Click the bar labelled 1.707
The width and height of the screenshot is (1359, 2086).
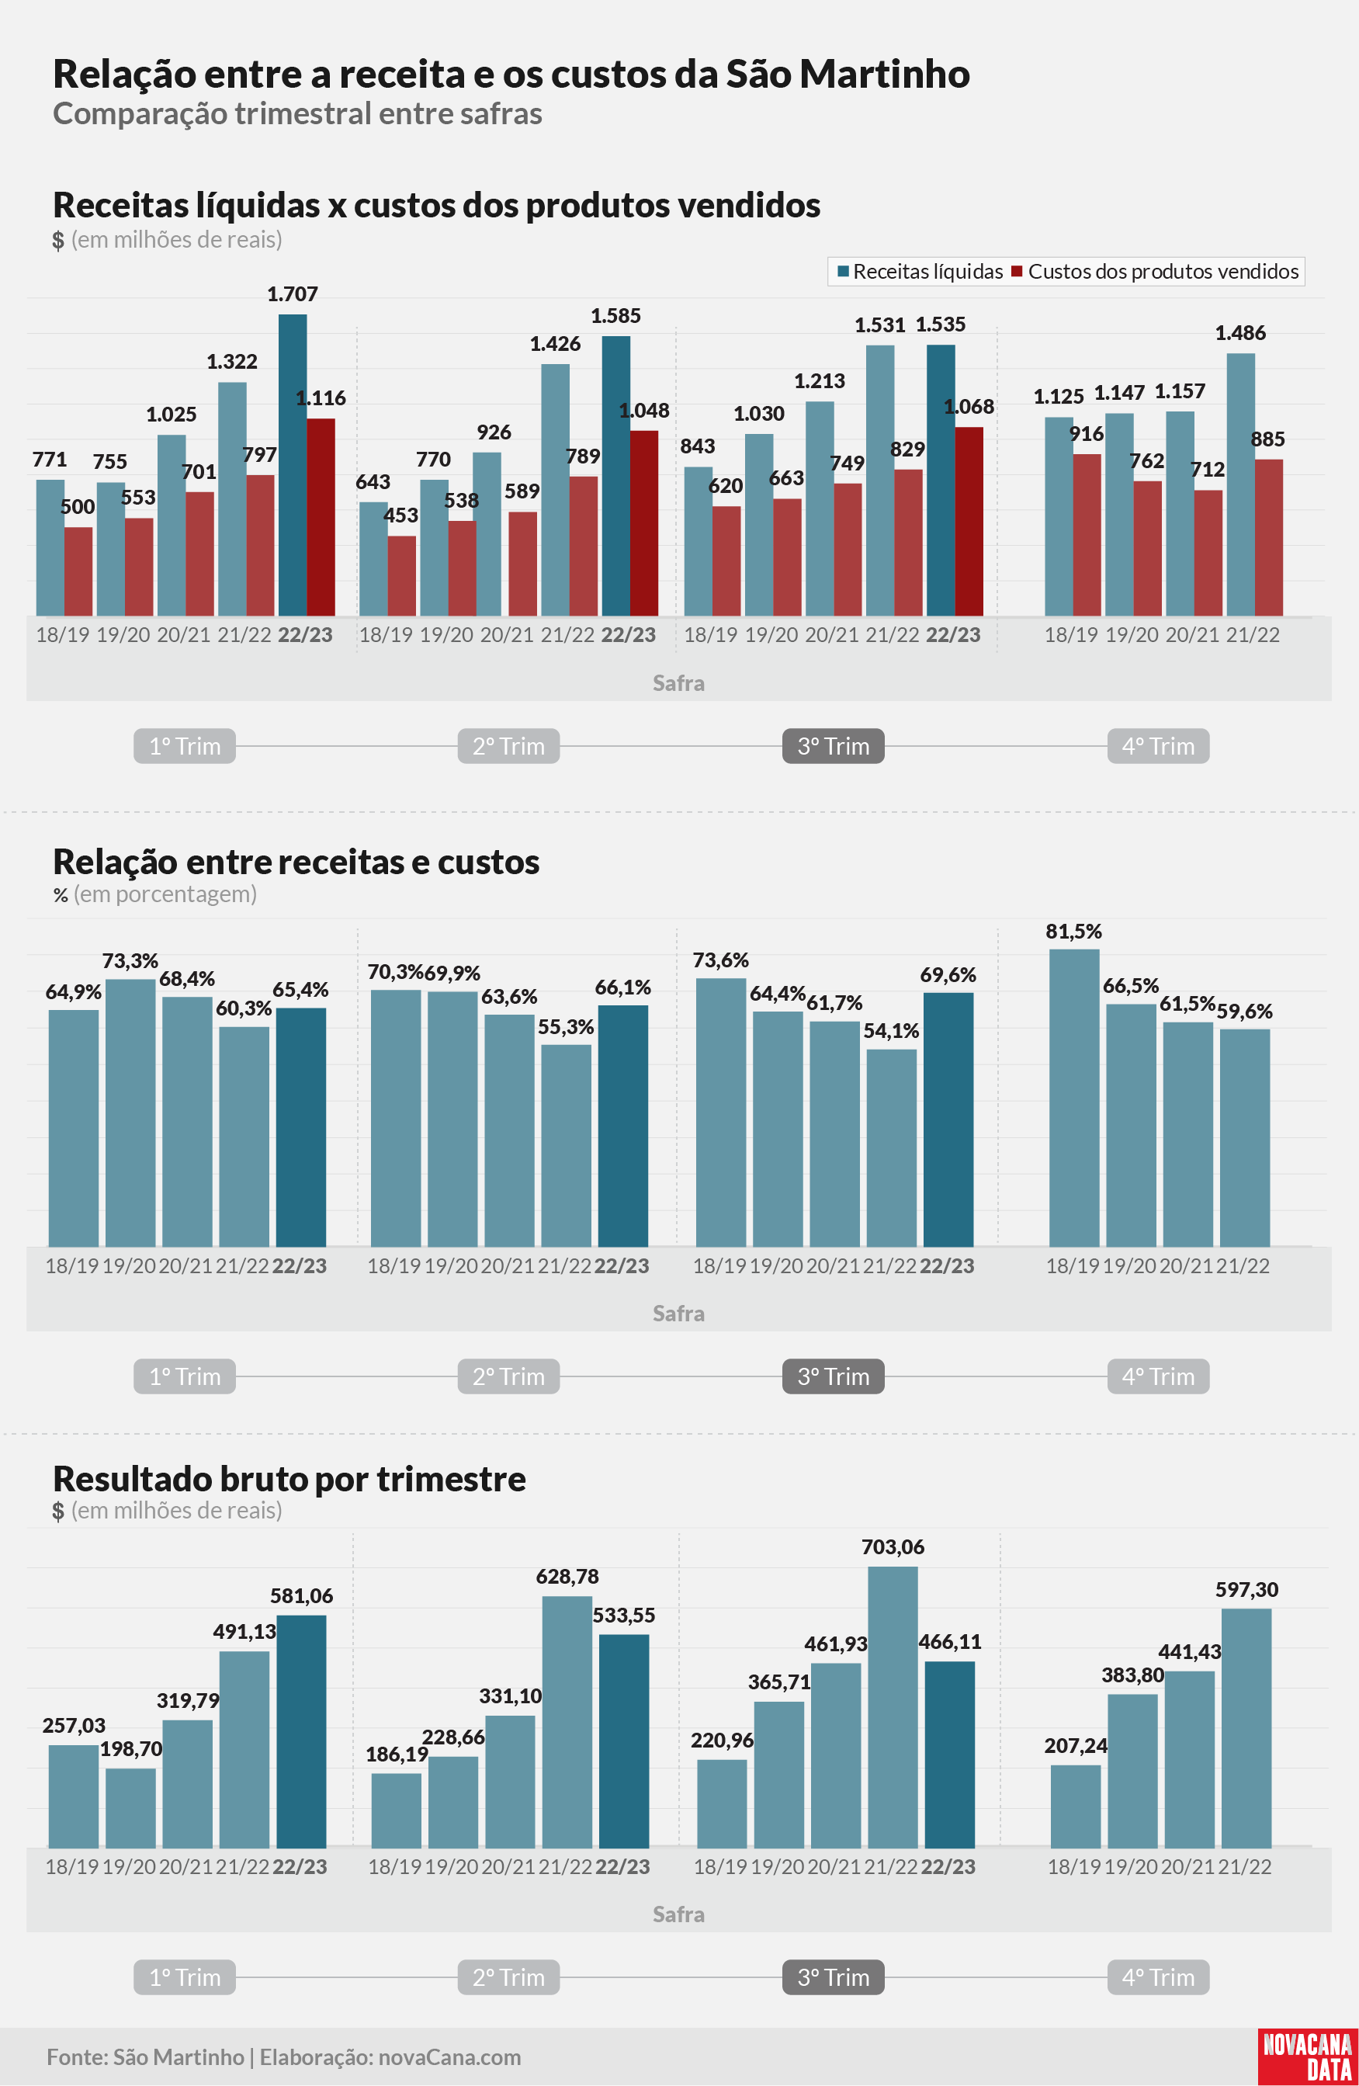point(293,464)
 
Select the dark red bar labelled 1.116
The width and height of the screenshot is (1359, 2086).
point(321,517)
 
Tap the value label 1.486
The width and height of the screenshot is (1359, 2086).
point(1239,333)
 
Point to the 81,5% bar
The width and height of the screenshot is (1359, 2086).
point(1074,1097)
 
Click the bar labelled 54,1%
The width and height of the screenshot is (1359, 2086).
point(892,1147)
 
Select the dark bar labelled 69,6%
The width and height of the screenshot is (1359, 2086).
point(949,1119)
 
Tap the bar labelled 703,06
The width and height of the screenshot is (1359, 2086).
point(893,1706)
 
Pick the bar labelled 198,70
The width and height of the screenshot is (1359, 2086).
point(130,1807)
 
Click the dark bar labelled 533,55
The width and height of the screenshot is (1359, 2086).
point(624,1741)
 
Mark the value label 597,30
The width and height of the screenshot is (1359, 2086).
point(1246,1590)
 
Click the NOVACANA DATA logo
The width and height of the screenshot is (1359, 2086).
point(1307,2055)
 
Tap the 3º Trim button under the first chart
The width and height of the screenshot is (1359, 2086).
point(834,746)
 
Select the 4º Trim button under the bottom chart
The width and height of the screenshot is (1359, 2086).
point(1158,1977)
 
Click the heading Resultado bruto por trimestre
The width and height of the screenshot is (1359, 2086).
point(289,1479)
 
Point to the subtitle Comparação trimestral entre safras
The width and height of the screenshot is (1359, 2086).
point(297,114)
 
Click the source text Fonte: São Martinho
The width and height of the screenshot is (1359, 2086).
point(145,2057)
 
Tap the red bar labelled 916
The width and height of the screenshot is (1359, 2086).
point(1087,535)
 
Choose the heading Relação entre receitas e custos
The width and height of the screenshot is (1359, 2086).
point(296,862)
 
